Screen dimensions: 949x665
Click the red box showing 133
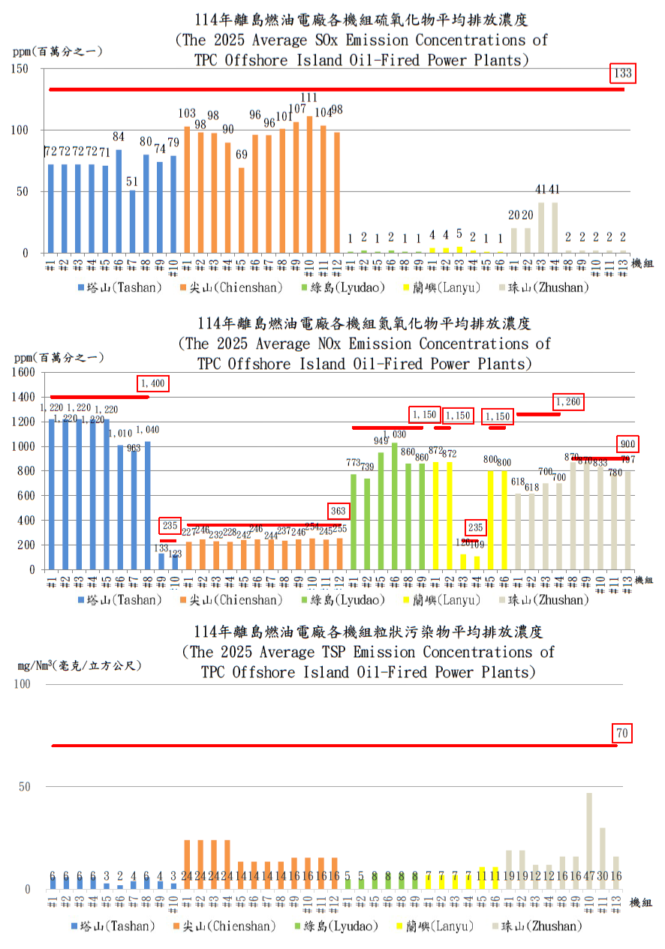click(x=622, y=74)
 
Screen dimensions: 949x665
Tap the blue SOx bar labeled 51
click(x=132, y=221)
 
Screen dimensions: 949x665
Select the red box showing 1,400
click(x=153, y=383)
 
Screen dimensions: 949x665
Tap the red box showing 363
click(x=339, y=511)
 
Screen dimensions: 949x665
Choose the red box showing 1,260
click(x=568, y=403)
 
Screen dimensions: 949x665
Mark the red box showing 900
click(x=627, y=443)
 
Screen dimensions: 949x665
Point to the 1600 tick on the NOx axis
click(x=23, y=372)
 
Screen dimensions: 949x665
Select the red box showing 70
click(x=622, y=734)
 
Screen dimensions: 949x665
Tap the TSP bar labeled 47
click(x=589, y=841)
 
